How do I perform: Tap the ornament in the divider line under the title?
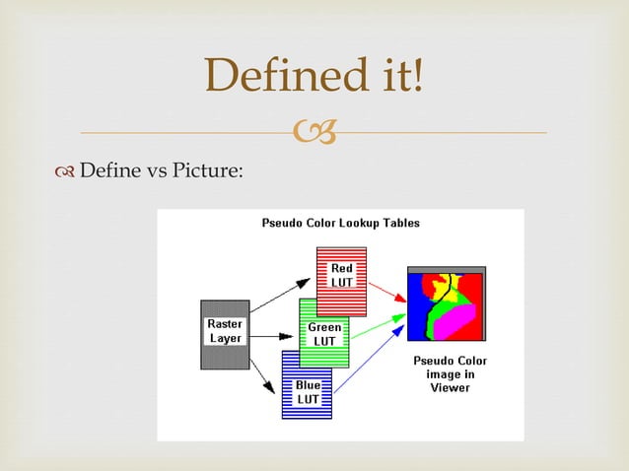(x=314, y=132)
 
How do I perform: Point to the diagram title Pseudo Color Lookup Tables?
(x=340, y=223)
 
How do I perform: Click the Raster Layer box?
(x=225, y=333)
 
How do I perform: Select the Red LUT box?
(x=341, y=276)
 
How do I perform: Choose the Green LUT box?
(x=324, y=334)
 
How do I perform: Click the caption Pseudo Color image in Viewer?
(x=450, y=374)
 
